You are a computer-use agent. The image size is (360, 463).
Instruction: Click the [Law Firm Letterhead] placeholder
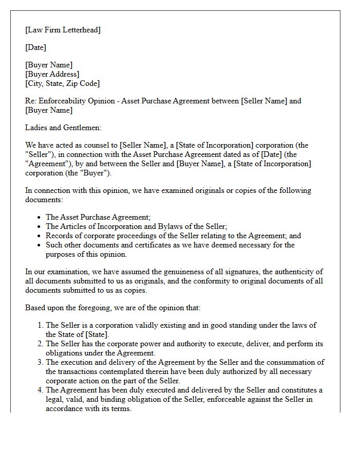point(63,30)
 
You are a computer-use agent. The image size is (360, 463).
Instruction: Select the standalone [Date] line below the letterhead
point(35,47)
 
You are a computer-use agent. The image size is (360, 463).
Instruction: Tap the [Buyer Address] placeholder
point(52,74)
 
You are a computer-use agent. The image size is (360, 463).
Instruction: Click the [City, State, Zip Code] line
point(62,83)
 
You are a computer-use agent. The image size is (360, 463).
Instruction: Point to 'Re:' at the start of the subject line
point(31,101)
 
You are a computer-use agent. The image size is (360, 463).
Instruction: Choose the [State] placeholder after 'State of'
point(96,334)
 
